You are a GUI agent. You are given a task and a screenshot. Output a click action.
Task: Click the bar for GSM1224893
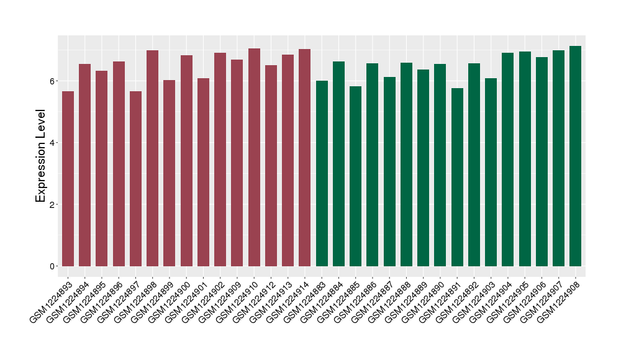(68, 179)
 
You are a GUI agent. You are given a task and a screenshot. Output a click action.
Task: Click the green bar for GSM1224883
(322, 173)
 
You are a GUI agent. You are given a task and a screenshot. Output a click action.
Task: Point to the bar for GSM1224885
(355, 176)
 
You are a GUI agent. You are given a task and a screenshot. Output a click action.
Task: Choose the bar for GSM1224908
(576, 156)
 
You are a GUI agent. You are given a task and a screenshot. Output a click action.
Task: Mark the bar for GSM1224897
(135, 179)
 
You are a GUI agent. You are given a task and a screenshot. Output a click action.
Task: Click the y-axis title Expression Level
(41, 156)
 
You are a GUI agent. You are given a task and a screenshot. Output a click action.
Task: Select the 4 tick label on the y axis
(53, 143)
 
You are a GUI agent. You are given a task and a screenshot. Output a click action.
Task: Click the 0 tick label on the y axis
(53, 266)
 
